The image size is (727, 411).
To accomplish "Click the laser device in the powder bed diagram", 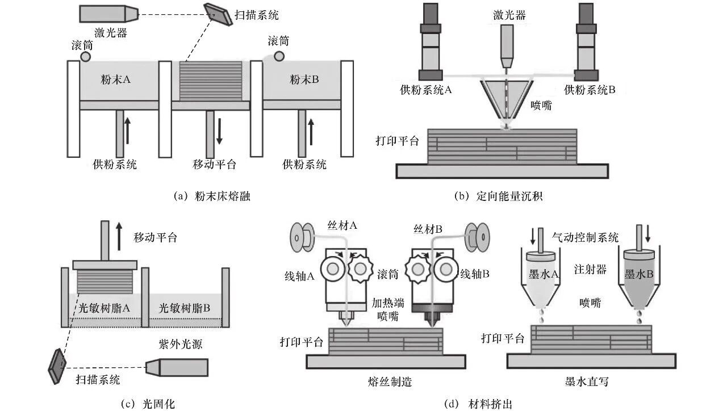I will pos(108,14).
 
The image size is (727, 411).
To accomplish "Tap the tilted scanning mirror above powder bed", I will pos(219,15).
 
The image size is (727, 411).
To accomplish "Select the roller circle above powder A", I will pos(85,57).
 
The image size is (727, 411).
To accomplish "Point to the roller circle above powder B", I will pos(279,56).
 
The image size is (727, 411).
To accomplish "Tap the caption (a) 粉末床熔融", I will pos(212,196).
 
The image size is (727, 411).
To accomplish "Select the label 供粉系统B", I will pos(590,89).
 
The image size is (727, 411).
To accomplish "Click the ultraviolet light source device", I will pos(177,367).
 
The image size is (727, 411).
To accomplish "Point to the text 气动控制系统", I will pos(585,237).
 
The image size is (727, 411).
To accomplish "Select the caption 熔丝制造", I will pos(390,382).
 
